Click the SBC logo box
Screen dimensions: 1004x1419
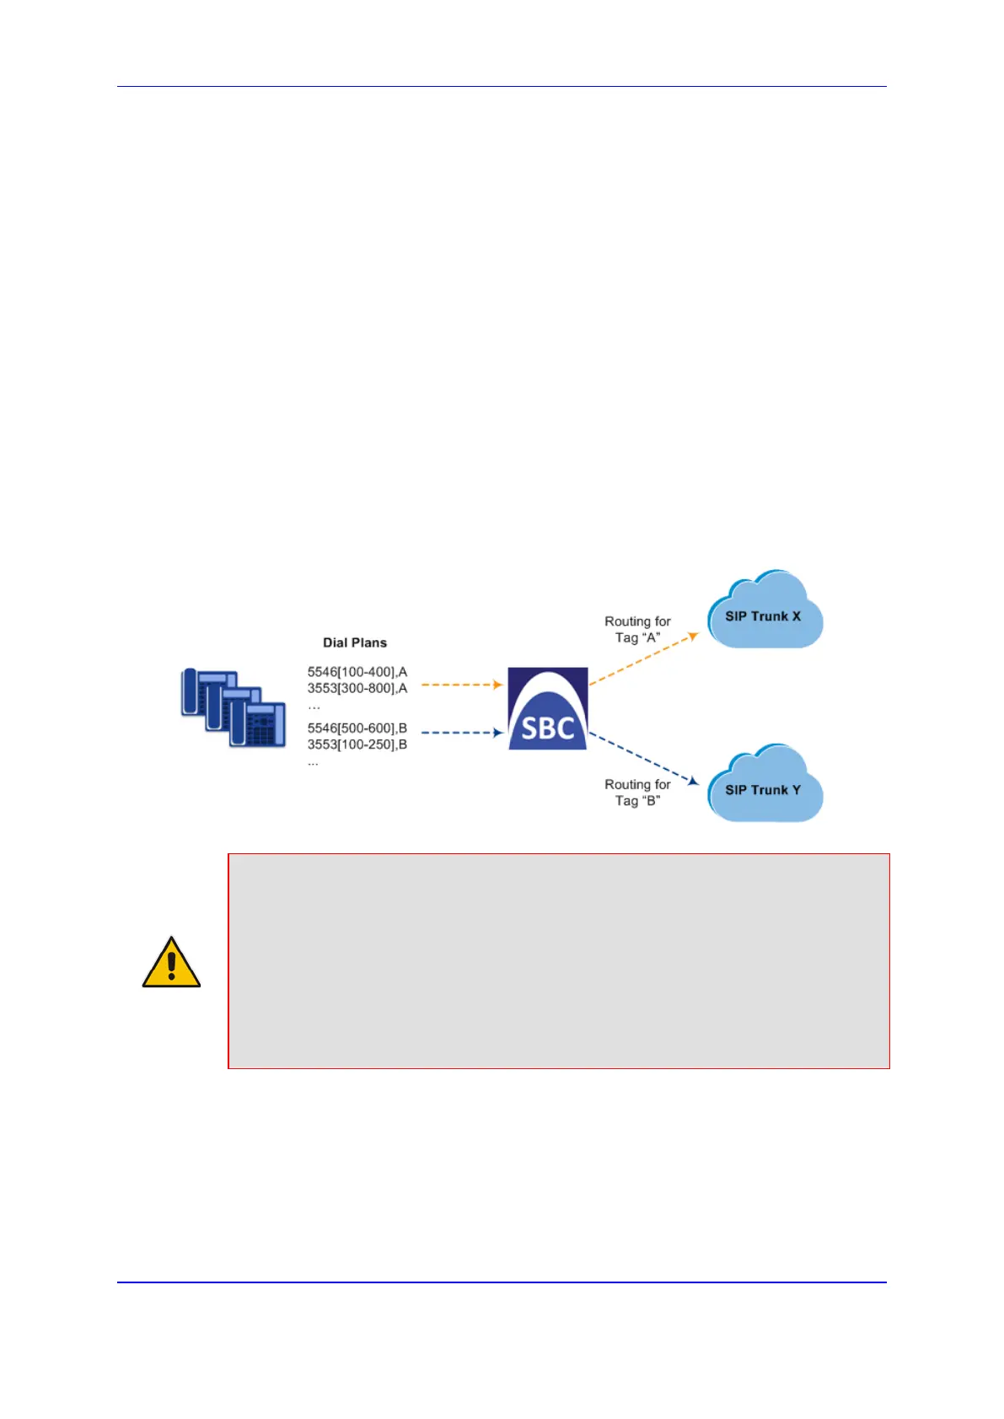click(x=547, y=708)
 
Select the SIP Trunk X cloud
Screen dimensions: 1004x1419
click(x=764, y=612)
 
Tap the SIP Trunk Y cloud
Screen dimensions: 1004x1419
click(x=764, y=786)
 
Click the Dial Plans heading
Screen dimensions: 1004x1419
click(x=355, y=642)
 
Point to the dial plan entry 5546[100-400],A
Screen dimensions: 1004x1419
click(x=357, y=672)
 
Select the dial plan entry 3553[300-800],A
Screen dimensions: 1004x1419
click(x=357, y=688)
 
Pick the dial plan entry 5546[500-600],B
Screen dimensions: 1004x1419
click(x=357, y=728)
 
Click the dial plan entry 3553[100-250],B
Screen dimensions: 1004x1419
click(x=357, y=744)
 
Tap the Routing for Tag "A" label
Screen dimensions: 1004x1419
click(x=637, y=629)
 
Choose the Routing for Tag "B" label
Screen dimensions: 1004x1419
click(x=637, y=793)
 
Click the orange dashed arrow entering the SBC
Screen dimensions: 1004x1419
click(x=461, y=685)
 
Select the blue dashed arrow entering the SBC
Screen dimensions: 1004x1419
click(x=461, y=733)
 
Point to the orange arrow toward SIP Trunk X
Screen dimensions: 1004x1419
click(x=643, y=658)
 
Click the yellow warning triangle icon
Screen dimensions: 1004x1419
click(x=171, y=963)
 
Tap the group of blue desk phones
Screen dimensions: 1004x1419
click(x=234, y=707)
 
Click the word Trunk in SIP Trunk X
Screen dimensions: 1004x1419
click(x=770, y=616)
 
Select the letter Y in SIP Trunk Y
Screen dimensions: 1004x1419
click(x=796, y=790)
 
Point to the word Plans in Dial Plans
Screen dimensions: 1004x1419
click(x=370, y=642)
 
